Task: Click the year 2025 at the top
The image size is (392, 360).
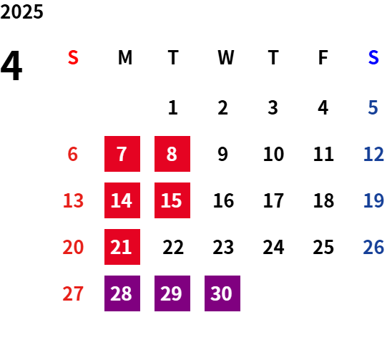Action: [x=21, y=11]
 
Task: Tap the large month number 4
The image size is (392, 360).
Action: [x=11, y=65]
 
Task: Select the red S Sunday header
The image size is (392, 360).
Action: [x=73, y=57]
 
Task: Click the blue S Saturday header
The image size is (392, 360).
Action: [x=373, y=57]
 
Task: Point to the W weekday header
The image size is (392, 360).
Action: [x=226, y=57]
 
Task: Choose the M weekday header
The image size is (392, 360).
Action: [x=125, y=57]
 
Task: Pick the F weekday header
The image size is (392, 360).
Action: [x=323, y=57]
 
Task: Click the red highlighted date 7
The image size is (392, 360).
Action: [x=122, y=154]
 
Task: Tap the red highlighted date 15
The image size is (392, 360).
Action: [x=172, y=200]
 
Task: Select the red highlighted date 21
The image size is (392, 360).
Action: [x=122, y=247]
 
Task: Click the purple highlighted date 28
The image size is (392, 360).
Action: [x=122, y=293]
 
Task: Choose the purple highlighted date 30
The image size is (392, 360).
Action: [x=222, y=293]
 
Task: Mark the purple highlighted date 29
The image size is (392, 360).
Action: [x=172, y=293]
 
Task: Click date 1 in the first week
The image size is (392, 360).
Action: [x=172, y=108]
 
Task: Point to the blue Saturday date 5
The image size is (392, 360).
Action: [x=373, y=108]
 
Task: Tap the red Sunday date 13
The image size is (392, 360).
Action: [x=73, y=200]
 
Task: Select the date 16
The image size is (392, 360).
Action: [x=223, y=200]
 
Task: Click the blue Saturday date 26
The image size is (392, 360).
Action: [x=373, y=247]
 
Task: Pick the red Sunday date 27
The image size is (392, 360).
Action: [x=73, y=293]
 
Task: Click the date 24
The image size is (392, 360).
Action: [x=273, y=247]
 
